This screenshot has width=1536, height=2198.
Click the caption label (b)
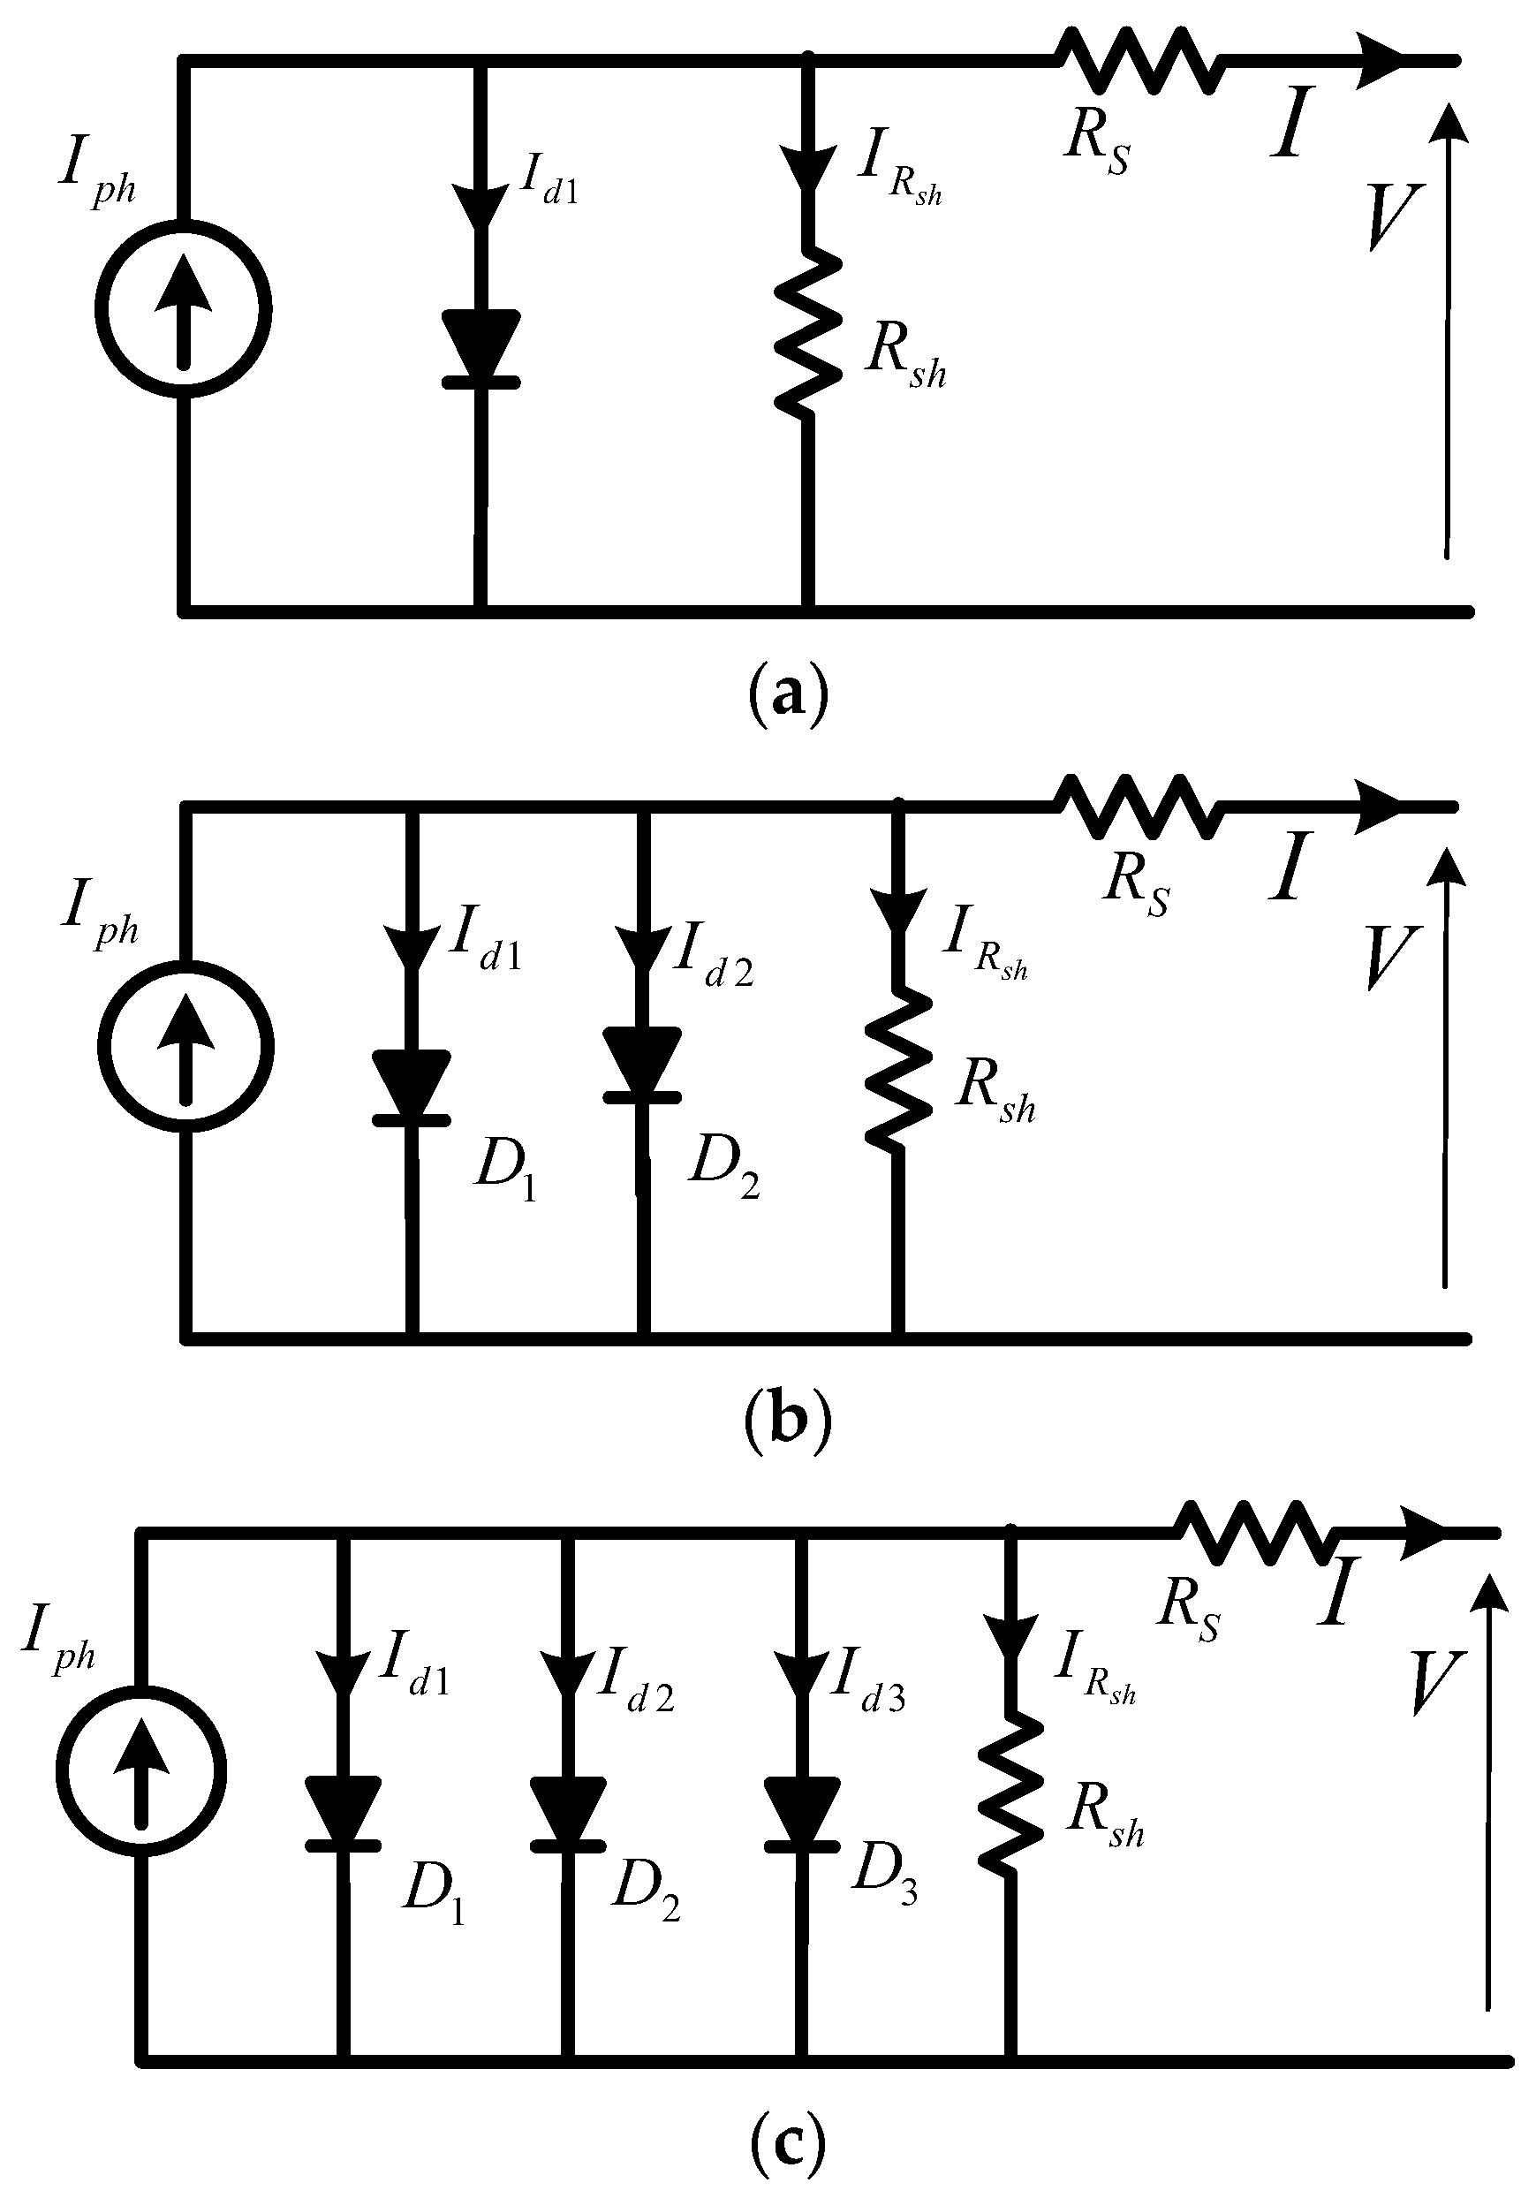coord(787,1424)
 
